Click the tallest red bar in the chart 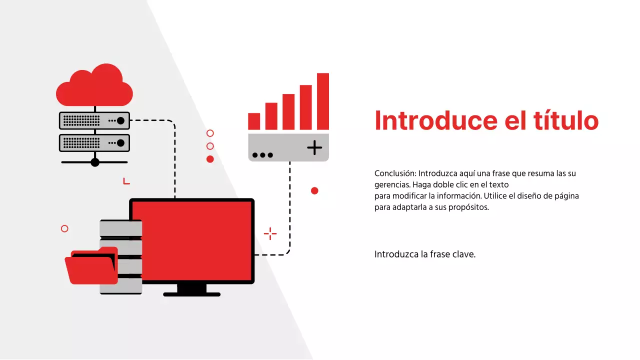[322, 101]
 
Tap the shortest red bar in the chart [254, 121]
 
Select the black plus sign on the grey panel [314, 147]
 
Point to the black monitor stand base [191, 294]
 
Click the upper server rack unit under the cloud [94, 120]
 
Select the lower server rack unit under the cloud [94, 143]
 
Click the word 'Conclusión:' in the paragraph [395, 173]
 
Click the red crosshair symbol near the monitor [270, 233]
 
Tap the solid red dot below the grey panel [314, 190]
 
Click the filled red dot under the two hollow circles [210, 159]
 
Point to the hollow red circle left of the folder [64, 228]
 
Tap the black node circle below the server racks [95, 162]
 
